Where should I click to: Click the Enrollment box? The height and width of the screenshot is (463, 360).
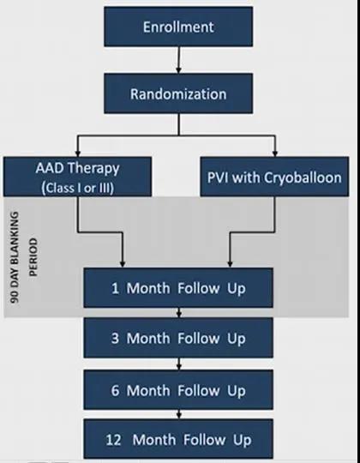178,27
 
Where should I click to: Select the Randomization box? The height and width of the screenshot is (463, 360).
178,93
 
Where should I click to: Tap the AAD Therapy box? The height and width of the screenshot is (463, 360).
78,177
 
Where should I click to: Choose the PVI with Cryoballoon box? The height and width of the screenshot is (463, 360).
274,177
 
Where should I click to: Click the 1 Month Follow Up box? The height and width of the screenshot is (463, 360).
178,288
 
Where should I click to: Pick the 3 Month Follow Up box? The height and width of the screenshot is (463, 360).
178,338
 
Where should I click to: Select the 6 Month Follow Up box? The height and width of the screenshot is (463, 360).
178,390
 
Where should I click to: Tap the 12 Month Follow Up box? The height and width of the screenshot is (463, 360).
178,439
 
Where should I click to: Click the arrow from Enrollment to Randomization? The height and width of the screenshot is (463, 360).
178,60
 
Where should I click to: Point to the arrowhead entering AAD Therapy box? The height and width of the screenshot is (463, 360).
78,153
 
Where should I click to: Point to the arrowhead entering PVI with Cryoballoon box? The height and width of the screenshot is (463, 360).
275,153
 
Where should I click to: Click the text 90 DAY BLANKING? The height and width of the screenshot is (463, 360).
15,257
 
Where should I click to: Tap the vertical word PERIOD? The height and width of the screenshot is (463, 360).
33,257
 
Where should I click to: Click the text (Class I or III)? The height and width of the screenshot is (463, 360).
78,188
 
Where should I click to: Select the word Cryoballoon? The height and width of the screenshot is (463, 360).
303,177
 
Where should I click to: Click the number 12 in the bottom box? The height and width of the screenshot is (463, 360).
114,440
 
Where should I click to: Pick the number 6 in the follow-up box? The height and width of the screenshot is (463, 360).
115,391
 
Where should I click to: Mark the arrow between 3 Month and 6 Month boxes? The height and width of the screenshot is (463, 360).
178,364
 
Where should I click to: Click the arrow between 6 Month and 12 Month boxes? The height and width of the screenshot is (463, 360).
178,414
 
